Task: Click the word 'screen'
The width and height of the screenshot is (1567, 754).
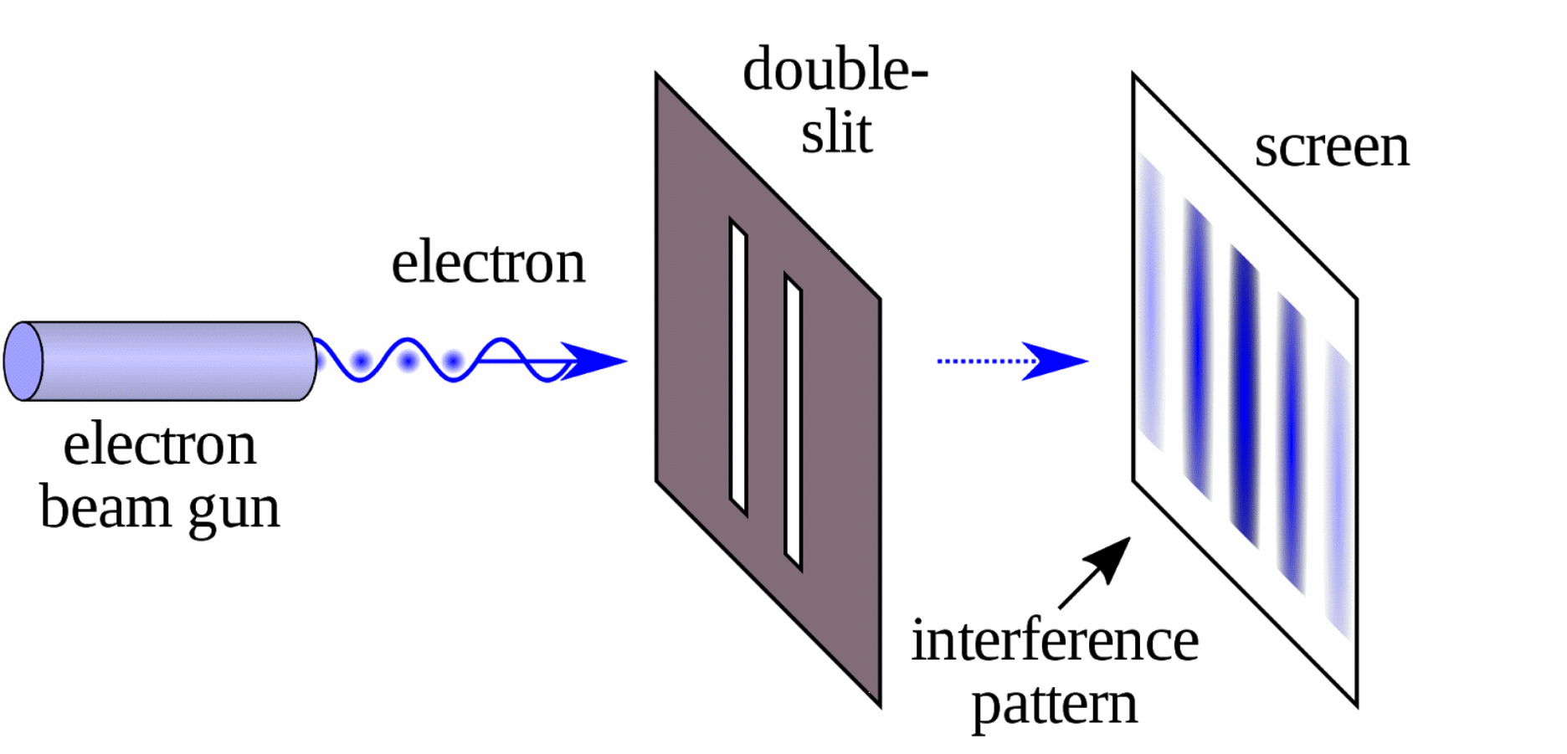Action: [1331, 148]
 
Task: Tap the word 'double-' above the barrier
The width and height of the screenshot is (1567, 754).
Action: [835, 69]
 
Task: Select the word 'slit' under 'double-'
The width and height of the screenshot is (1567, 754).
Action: [836, 133]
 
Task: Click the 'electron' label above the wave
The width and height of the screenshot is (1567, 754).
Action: [488, 263]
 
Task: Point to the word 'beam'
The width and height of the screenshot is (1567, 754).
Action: [100, 507]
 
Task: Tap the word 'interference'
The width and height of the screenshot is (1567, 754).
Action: [1055, 641]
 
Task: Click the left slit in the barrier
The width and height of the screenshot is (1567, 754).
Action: [737, 367]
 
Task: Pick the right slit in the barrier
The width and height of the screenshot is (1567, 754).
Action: [793, 422]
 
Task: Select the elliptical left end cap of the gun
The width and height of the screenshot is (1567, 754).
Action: [23, 362]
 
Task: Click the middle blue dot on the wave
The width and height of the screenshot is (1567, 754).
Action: [408, 362]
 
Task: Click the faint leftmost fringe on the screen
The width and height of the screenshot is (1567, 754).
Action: [1149, 301]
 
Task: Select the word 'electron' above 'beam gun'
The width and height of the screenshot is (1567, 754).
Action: [159, 445]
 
